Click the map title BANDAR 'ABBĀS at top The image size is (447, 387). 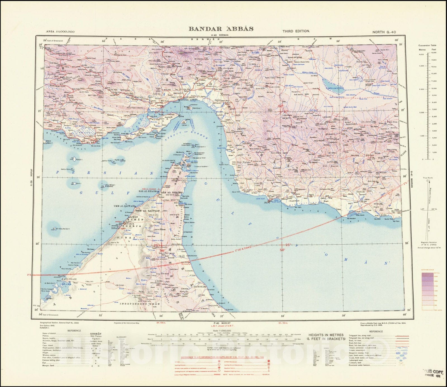221,29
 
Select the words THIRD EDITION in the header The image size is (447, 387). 296,31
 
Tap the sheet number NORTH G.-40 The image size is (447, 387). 384,32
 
